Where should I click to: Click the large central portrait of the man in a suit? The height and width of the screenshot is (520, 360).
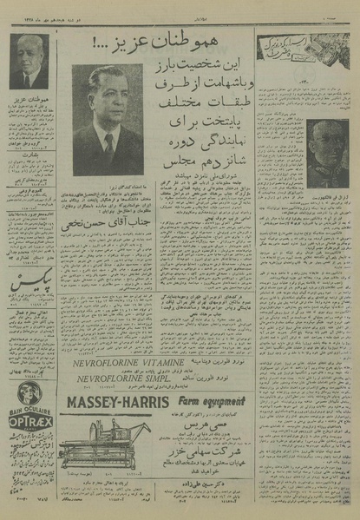tap(108, 119)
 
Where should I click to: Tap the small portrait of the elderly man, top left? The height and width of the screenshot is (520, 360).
tap(29, 63)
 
